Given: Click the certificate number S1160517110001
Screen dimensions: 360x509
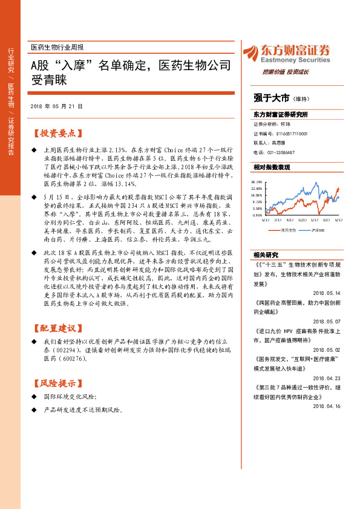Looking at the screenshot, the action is tap(287, 133).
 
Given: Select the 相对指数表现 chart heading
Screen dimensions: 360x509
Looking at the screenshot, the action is tap(272, 167).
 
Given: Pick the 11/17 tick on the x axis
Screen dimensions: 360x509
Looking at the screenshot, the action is tap(302, 220).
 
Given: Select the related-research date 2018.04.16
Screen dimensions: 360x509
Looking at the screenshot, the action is tap(327, 406).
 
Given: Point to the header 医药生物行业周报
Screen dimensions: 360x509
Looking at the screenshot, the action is tap(57, 47).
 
